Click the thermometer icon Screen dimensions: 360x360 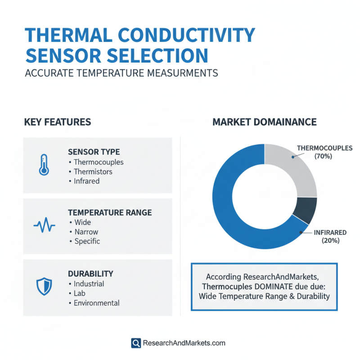pos(43,165)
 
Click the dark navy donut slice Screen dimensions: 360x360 pos(305,210)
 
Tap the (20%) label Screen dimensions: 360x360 pos(330,241)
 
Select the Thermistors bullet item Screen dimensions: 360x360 pos(93,171)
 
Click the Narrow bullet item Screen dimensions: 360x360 pos(86,232)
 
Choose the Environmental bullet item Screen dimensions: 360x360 pos(96,303)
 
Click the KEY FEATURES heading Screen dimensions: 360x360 pos(57,122)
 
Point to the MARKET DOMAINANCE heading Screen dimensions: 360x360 pos(264,122)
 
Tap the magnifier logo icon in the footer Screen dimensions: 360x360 pos(136,343)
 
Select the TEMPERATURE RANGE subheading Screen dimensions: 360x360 pos(109,212)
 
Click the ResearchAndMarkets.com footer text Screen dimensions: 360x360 pos(184,343)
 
